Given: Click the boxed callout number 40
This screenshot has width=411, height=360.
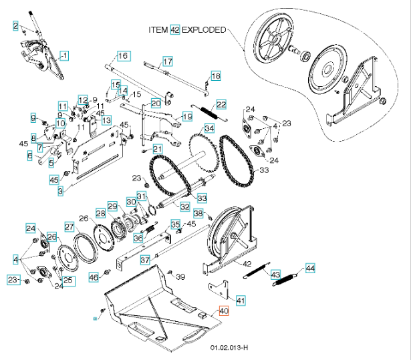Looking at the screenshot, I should point(223,311).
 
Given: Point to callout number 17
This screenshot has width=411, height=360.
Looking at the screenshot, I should point(168,61).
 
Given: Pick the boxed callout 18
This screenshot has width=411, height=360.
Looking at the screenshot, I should point(215,76).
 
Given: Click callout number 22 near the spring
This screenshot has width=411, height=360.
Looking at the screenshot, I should point(221,104).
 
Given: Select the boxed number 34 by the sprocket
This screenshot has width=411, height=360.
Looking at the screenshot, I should point(209,128).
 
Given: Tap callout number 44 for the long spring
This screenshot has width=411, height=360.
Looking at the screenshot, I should point(309,268).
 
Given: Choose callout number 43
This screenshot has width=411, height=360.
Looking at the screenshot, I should point(275,274).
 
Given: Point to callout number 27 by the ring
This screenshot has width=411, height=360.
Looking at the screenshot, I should point(70,227).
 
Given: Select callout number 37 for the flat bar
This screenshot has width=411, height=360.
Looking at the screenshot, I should point(144,260).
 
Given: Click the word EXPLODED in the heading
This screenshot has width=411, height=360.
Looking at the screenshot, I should point(204,30).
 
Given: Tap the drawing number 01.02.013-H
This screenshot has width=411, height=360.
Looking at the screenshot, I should point(229,348).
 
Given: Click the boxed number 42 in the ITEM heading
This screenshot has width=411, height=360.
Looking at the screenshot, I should point(175,30).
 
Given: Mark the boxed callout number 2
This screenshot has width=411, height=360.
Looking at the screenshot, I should point(15,25).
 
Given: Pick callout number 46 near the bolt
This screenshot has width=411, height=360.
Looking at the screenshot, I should point(94,277).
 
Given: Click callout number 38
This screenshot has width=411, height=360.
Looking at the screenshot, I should point(198,213).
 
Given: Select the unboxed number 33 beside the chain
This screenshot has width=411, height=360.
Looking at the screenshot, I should point(263,170).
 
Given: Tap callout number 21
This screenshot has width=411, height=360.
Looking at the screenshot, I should point(158,148).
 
